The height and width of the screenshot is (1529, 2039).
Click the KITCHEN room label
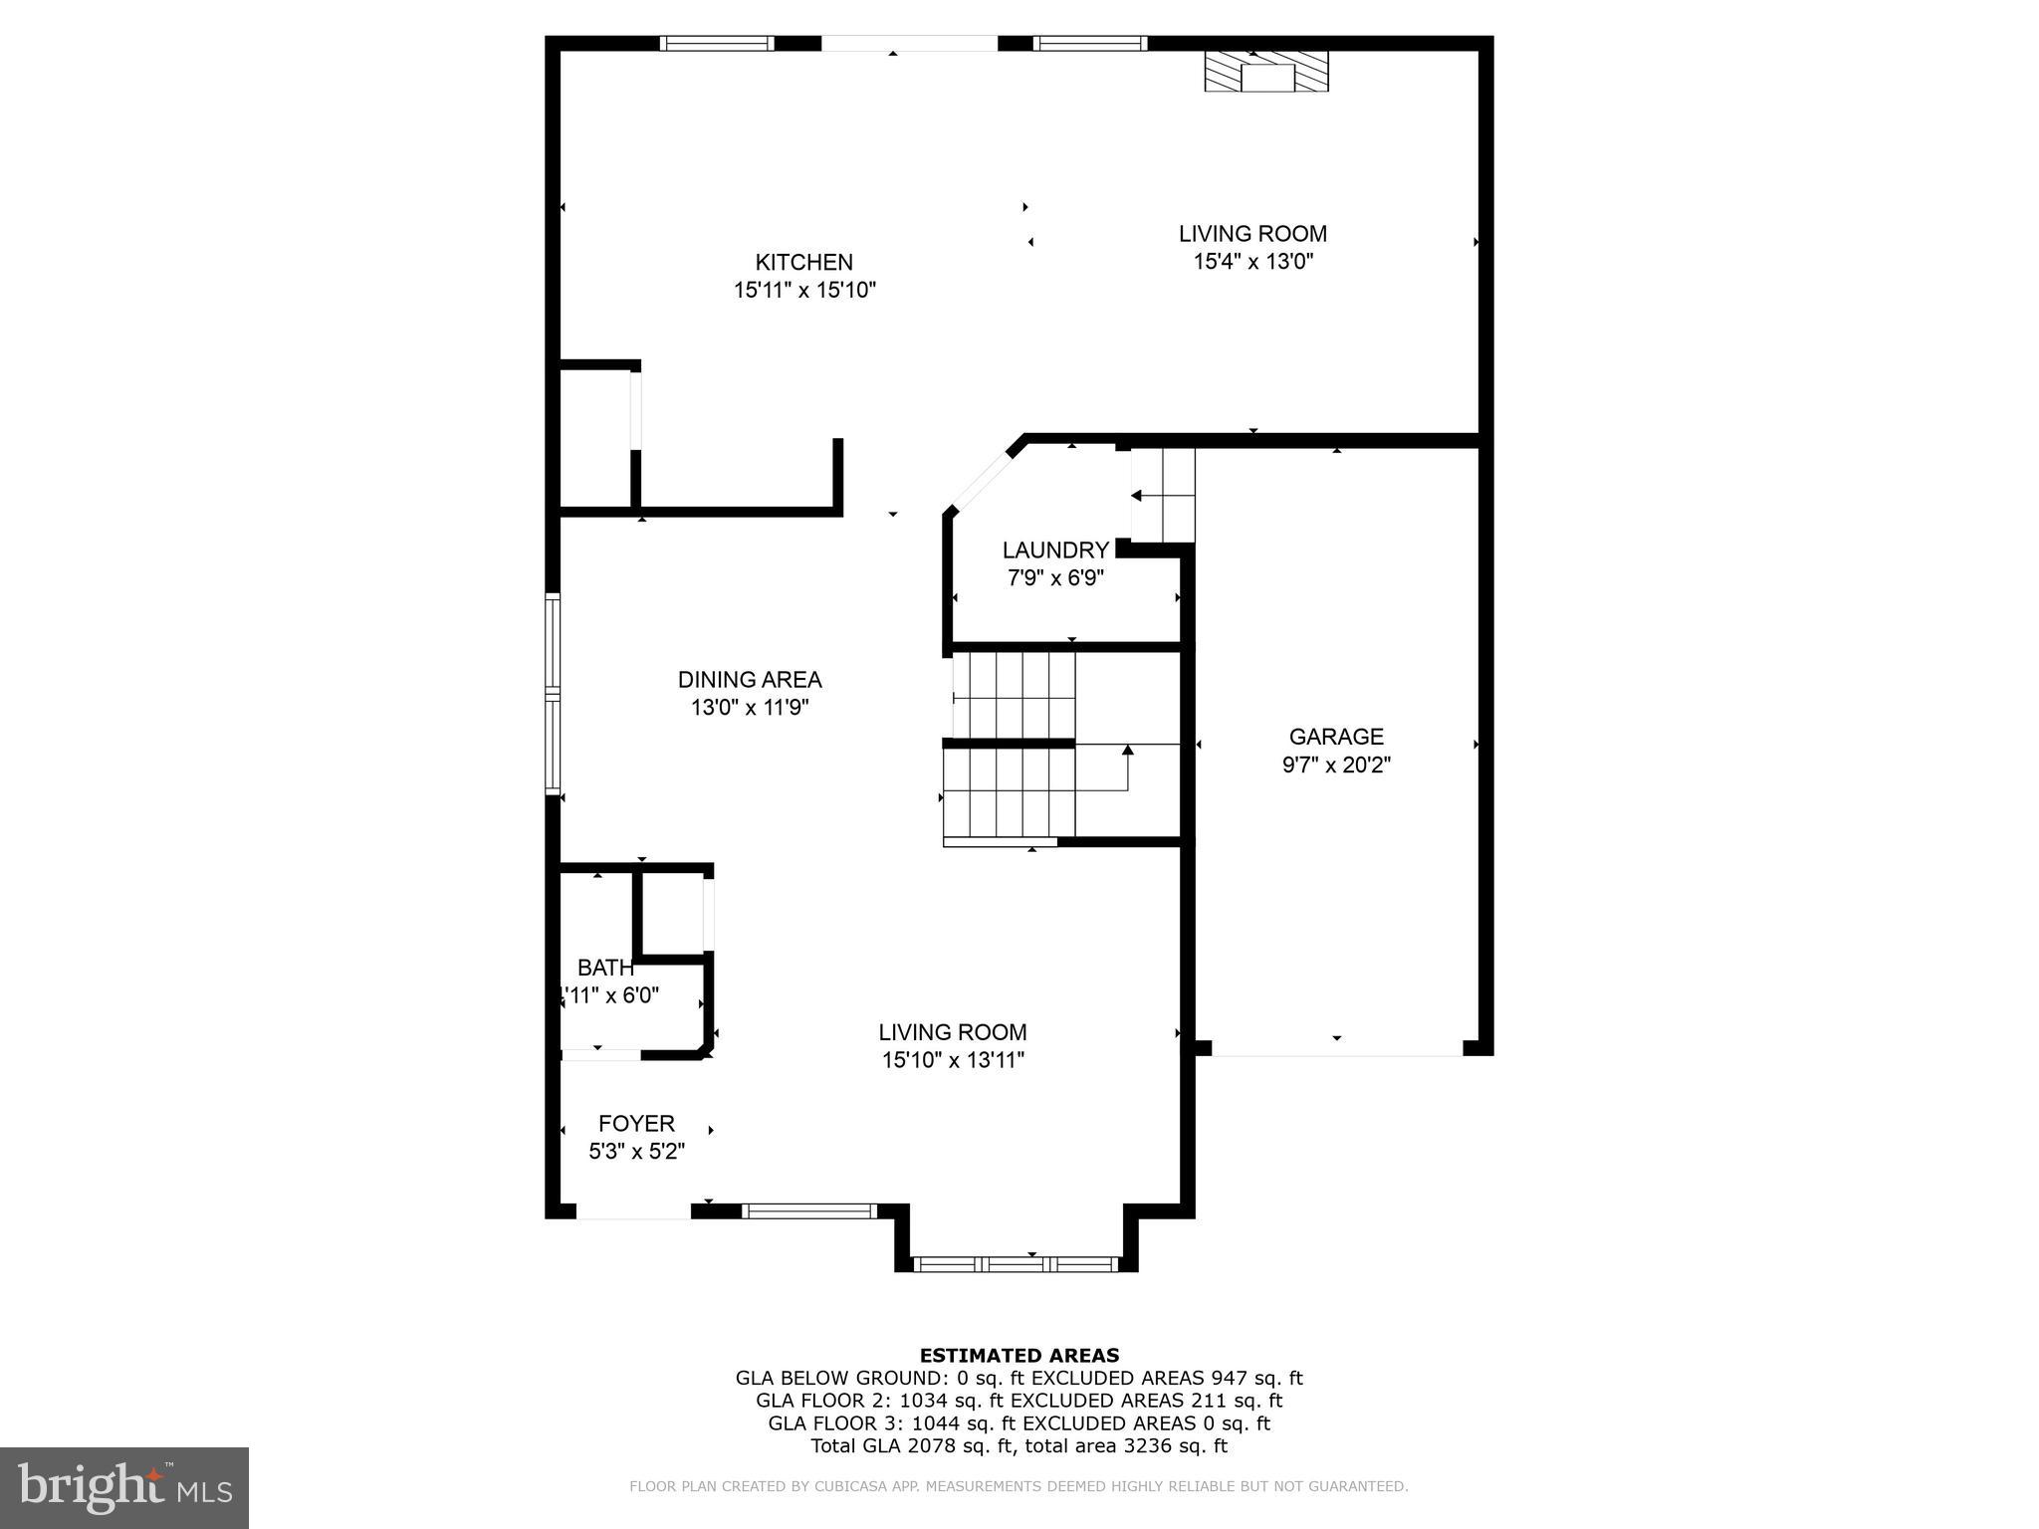(803, 262)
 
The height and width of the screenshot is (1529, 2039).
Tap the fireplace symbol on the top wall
(1265, 72)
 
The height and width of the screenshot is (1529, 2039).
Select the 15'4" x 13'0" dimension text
(1252, 262)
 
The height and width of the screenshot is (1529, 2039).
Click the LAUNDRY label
(1054, 549)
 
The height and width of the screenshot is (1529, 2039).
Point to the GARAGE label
(1335, 737)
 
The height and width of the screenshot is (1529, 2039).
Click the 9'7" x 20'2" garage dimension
(1335, 764)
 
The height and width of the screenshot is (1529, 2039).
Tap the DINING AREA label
(749, 679)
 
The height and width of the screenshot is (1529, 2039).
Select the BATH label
(605, 967)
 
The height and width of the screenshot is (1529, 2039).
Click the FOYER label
(636, 1123)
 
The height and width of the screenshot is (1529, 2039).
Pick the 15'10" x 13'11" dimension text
(952, 1060)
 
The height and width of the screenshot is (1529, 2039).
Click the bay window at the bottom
(1016, 1264)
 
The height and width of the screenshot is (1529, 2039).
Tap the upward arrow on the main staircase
(1127, 750)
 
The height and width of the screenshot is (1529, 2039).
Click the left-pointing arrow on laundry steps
(1136, 495)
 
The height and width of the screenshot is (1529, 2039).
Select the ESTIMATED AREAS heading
(1019, 1355)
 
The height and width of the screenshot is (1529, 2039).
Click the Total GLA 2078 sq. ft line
(1019, 1445)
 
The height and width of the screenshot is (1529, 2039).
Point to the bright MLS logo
(123, 1487)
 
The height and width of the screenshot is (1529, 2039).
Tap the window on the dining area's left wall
(553, 693)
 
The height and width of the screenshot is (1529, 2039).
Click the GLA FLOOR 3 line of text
(1019, 1422)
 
